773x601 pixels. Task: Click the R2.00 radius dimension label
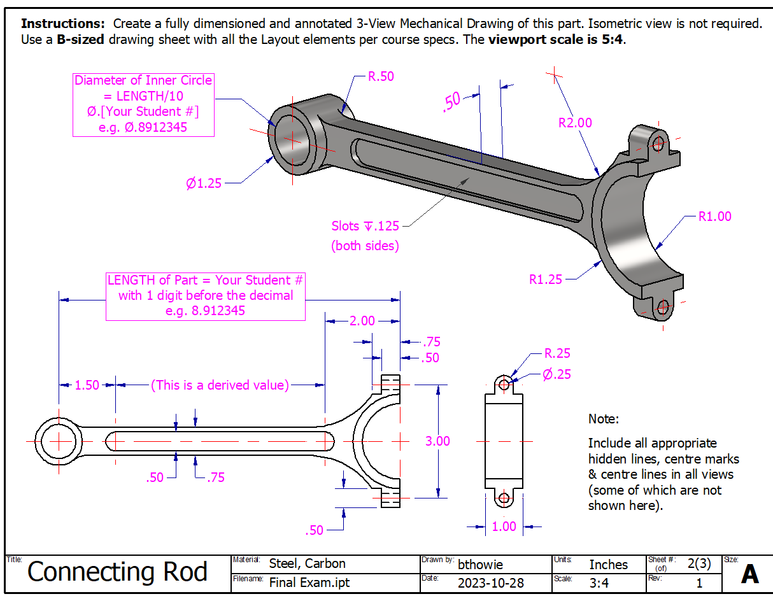click(x=575, y=123)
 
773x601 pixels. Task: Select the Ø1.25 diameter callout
click(x=204, y=183)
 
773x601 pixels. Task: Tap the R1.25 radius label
click(x=546, y=279)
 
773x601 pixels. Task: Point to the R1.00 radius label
click(x=714, y=216)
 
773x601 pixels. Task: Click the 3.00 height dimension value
click(x=437, y=441)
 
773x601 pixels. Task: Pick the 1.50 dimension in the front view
click(x=87, y=385)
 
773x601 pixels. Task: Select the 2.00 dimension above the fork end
click(x=362, y=321)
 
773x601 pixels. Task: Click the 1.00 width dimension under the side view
click(x=504, y=527)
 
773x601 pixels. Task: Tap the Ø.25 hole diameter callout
click(x=557, y=374)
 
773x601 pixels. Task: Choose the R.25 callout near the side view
click(x=557, y=353)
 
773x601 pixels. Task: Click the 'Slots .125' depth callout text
click(x=365, y=226)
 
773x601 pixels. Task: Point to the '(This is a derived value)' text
click(x=220, y=385)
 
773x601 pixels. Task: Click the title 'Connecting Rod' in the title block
click(x=117, y=572)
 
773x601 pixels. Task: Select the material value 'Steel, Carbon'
click(x=307, y=563)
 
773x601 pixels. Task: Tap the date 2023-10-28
click(x=490, y=583)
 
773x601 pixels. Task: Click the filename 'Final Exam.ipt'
click(x=309, y=582)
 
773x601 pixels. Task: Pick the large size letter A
click(x=749, y=574)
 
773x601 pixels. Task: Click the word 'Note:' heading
click(x=603, y=419)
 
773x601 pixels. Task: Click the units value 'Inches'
click(x=608, y=565)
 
